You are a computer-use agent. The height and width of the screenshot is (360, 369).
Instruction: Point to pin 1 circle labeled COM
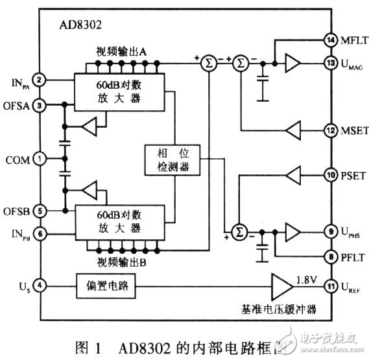coord(40,158)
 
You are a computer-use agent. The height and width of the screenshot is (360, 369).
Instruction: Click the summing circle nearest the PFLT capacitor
coord(239,231)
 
